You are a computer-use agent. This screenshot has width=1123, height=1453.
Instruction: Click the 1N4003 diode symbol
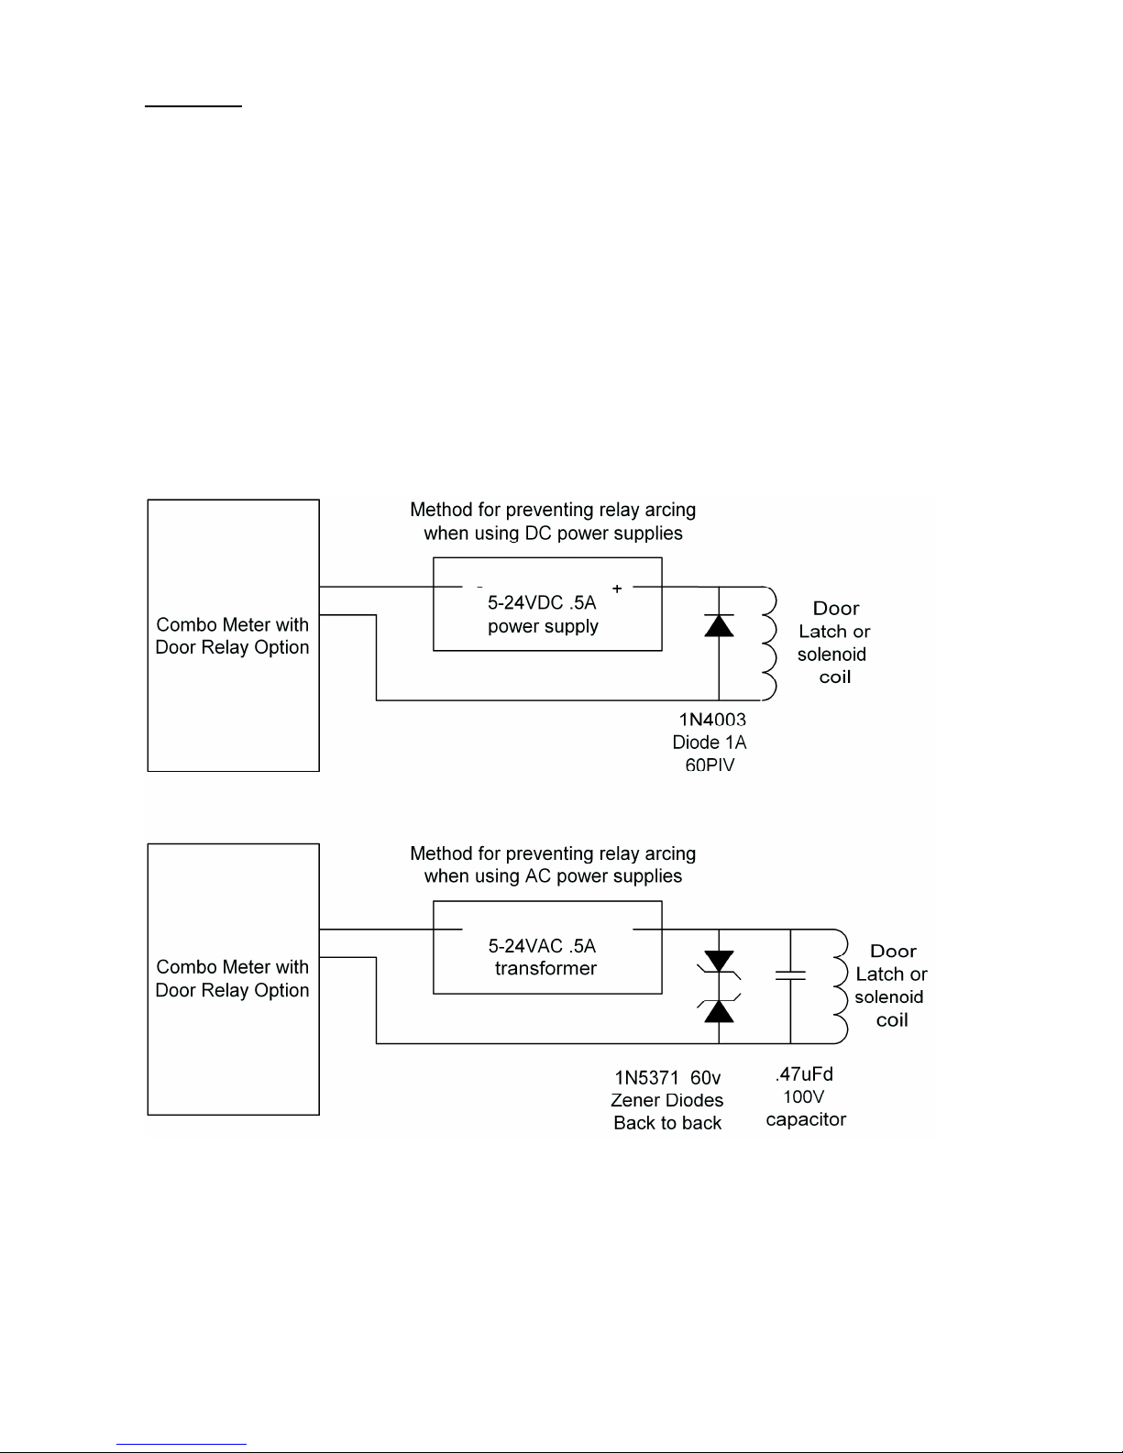[x=719, y=625]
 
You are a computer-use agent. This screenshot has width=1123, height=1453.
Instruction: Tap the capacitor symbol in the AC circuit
[x=790, y=974]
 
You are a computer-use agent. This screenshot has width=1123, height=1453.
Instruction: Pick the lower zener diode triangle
[x=720, y=1011]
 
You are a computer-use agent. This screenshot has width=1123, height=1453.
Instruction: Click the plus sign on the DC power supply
[x=617, y=589]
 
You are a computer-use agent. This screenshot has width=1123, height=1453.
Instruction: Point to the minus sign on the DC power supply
[x=479, y=587]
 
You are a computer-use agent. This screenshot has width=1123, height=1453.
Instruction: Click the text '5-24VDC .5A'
[x=542, y=603]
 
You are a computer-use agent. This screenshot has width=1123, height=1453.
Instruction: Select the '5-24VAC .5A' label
[x=542, y=946]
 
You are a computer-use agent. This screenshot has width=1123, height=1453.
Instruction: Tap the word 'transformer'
[x=545, y=968]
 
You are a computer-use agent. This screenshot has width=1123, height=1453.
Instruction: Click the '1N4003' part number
[x=712, y=720]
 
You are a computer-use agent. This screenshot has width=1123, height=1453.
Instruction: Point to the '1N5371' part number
[x=646, y=1078]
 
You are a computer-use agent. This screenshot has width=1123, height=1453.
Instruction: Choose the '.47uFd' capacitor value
[x=804, y=1073]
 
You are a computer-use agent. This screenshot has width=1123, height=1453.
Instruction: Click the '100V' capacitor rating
[x=803, y=1096]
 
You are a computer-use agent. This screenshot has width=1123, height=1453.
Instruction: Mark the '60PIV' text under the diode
[x=710, y=765]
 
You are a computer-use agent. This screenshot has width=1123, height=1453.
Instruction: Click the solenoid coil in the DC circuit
[x=769, y=644]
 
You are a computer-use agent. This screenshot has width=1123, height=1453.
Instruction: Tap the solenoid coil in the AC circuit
[x=841, y=986]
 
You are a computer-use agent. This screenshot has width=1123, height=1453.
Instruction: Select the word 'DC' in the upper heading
[x=538, y=533]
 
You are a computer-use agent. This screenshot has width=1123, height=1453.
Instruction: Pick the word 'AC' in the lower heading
[x=538, y=876]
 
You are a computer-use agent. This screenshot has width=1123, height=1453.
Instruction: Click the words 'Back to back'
[x=667, y=1123]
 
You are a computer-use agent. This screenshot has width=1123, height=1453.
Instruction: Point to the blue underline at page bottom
[x=182, y=1445]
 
